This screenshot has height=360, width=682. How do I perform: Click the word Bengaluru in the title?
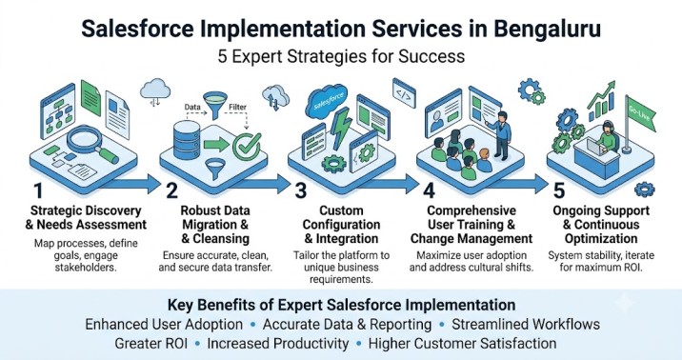tap(547, 30)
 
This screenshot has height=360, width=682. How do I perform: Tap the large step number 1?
tap(38, 190)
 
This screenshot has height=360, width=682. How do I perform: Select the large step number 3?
tap(301, 190)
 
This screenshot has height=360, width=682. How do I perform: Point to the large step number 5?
tap(559, 190)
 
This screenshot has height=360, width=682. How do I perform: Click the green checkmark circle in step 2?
tap(247, 146)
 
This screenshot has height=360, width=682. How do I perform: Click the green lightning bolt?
tap(340, 128)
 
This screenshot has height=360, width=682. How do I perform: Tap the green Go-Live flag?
tap(638, 115)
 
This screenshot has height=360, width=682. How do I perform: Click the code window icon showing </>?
tap(404, 93)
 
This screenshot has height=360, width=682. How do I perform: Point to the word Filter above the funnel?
tap(237, 107)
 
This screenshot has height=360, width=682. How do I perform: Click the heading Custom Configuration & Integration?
tap(341, 225)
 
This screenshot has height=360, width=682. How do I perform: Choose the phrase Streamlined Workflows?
tap(526, 325)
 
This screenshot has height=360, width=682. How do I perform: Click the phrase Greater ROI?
tap(150, 344)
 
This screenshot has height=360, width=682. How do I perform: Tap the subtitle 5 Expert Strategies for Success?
tap(341, 56)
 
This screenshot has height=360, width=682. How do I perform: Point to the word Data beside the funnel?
tap(192, 107)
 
